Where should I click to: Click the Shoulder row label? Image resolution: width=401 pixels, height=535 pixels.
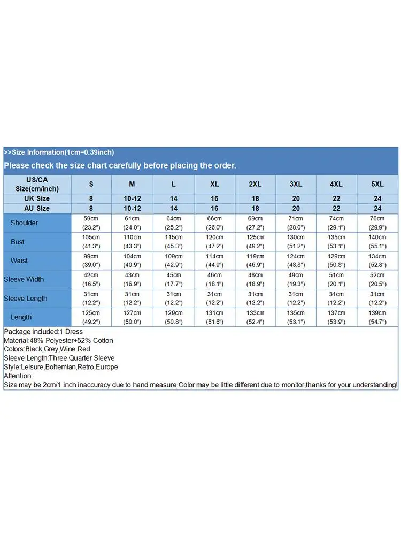24,223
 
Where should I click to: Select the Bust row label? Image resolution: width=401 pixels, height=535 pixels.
18,242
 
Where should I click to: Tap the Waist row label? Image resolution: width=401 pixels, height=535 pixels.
19,261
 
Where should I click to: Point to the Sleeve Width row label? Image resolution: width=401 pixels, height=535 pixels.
24,279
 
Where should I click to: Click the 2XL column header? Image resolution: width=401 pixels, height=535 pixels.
255,184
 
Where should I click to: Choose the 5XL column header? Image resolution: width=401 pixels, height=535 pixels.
377,184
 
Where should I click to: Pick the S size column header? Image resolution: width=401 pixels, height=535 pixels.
91,184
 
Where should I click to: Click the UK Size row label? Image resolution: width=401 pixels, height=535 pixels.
37,198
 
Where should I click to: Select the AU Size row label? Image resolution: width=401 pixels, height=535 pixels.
37,208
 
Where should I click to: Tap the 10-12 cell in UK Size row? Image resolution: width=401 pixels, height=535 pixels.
132,198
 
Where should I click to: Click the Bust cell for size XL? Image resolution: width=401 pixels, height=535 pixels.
214,242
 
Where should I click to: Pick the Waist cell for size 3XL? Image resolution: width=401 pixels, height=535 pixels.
296,261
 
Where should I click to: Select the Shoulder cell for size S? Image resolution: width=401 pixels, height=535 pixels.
91,223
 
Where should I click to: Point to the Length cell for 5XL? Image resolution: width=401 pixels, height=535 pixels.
377,317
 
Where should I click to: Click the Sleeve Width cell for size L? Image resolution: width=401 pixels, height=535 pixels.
174,279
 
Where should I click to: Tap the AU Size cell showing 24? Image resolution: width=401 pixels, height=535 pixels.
377,208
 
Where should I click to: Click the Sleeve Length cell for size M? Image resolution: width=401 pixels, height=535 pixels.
132,299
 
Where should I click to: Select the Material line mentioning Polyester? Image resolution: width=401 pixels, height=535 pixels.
58,340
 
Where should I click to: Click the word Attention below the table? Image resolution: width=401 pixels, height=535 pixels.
18,376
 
